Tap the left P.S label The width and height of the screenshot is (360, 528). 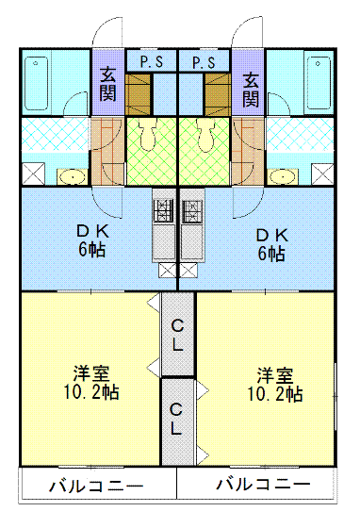[x=151, y=62]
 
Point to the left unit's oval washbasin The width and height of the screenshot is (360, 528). [x=71, y=175]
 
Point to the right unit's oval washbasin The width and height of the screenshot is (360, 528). [x=284, y=175]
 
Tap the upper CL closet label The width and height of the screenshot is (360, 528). [x=177, y=336]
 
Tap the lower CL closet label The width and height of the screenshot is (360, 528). [x=177, y=420]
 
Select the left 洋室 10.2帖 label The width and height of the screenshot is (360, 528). [x=91, y=382]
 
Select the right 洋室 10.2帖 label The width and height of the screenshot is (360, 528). [x=274, y=382]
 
